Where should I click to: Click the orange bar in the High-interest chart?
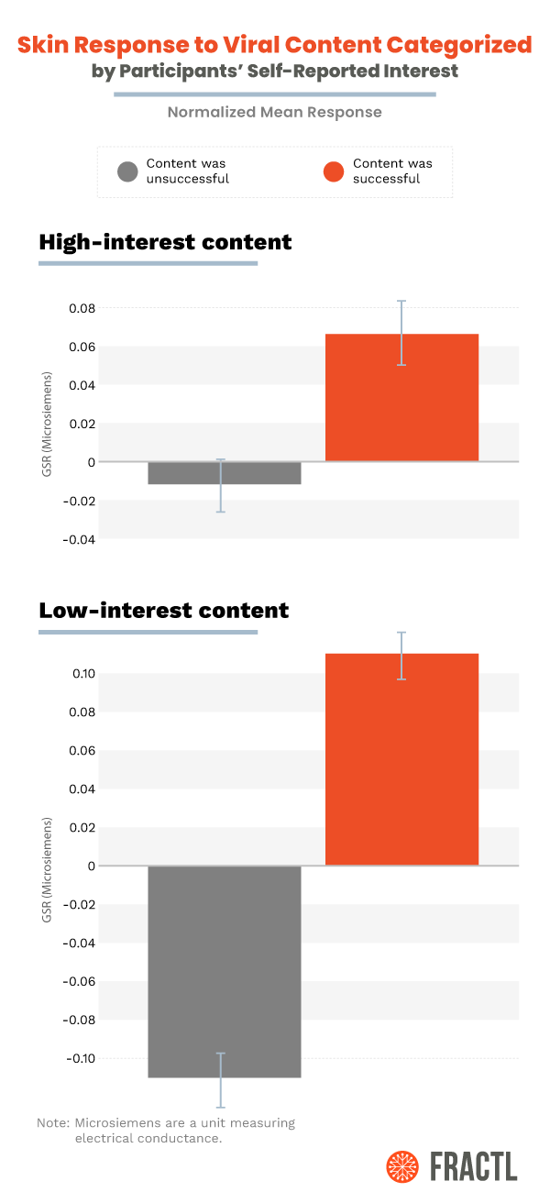[401, 397]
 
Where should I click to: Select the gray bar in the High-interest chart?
[224, 472]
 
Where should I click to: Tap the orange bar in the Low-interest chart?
[401, 759]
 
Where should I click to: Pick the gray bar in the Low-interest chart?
[224, 971]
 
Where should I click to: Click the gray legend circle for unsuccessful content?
[128, 171]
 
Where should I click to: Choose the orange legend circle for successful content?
[335, 171]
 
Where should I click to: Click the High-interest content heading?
[165, 242]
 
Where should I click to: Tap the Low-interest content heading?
[163, 610]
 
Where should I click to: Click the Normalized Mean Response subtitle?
[274, 113]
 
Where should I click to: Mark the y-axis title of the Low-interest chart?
[47, 868]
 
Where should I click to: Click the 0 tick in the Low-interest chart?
[92, 866]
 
